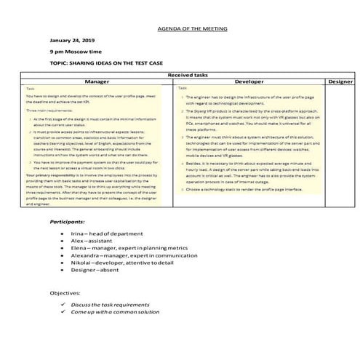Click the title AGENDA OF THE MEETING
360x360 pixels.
(192, 29)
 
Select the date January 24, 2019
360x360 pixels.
(73, 41)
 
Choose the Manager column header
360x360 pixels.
(97, 82)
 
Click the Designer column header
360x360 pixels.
(340, 82)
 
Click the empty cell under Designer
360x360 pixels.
(340, 145)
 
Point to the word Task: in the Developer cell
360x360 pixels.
(185, 89)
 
